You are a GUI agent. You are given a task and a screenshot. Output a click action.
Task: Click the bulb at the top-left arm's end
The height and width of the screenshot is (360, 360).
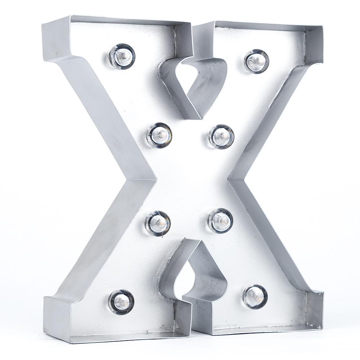tap(122, 57)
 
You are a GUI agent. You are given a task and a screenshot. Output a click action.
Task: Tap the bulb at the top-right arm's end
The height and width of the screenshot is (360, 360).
tap(257, 61)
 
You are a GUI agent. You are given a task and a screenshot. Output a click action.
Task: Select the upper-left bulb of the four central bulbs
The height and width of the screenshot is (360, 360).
tap(159, 135)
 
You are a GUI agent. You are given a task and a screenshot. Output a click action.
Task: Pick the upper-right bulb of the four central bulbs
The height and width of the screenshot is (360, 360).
tap(221, 136)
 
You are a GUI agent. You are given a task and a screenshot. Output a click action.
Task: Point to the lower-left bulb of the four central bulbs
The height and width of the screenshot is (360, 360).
tap(158, 223)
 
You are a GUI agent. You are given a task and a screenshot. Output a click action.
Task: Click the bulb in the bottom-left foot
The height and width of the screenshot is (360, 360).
tap(121, 302)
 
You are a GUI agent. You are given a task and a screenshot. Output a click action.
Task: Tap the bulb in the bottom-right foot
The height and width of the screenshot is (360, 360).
tap(255, 297)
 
